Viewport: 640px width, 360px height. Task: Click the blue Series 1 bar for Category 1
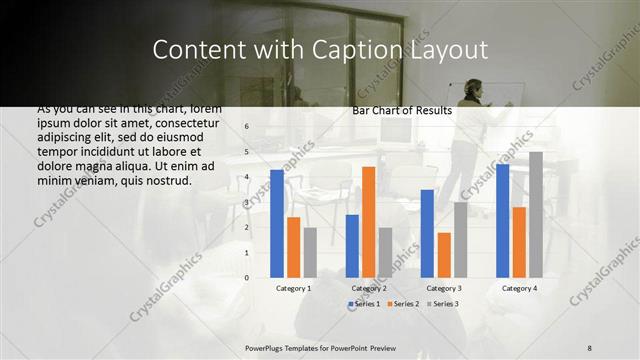[x=277, y=224]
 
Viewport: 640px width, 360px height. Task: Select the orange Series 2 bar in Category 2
[x=368, y=222]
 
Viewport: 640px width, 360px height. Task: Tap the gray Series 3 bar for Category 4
[x=536, y=215]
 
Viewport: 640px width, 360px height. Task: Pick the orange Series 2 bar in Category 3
[x=444, y=255]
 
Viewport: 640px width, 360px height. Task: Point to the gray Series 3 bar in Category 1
[x=310, y=252]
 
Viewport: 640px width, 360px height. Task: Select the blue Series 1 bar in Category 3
[x=427, y=233]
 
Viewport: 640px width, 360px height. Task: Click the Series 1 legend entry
[x=366, y=303]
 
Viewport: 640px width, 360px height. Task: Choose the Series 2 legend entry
[x=403, y=303]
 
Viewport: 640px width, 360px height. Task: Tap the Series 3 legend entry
[x=441, y=303]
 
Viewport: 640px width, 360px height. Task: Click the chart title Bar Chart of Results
[x=402, y=111]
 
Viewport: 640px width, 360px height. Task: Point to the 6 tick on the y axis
[x=247, y=127]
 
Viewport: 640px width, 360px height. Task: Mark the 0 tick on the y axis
[x=247, y=278]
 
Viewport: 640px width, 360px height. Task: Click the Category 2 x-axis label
[x=368, y=288]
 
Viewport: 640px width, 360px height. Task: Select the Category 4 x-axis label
[x=519, y=288]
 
